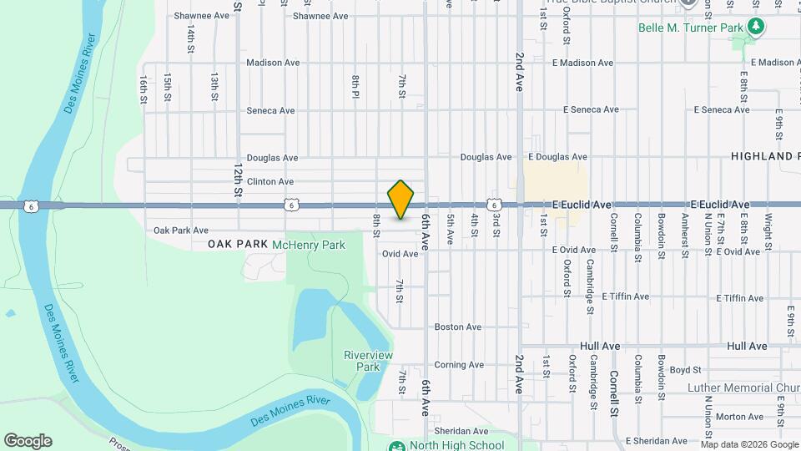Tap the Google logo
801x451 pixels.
tap(28, 441)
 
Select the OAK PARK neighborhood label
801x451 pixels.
tap(238, 244)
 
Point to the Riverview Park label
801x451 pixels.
tap(368, 361)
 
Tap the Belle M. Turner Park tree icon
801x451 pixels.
tap(756, 27)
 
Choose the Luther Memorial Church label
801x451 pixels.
tap(743, 388)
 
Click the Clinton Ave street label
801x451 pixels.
tap(270, 181)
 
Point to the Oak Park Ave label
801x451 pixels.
tap(181, 231)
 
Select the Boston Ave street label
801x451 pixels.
tap(458, 327)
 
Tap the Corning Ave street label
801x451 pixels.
tap(459, 365)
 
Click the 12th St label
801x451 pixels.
tap(239, 180)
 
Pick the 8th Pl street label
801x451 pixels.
tap(355, 86)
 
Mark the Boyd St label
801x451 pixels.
tap(684, 369)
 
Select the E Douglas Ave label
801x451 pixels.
tap(557, 157)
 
